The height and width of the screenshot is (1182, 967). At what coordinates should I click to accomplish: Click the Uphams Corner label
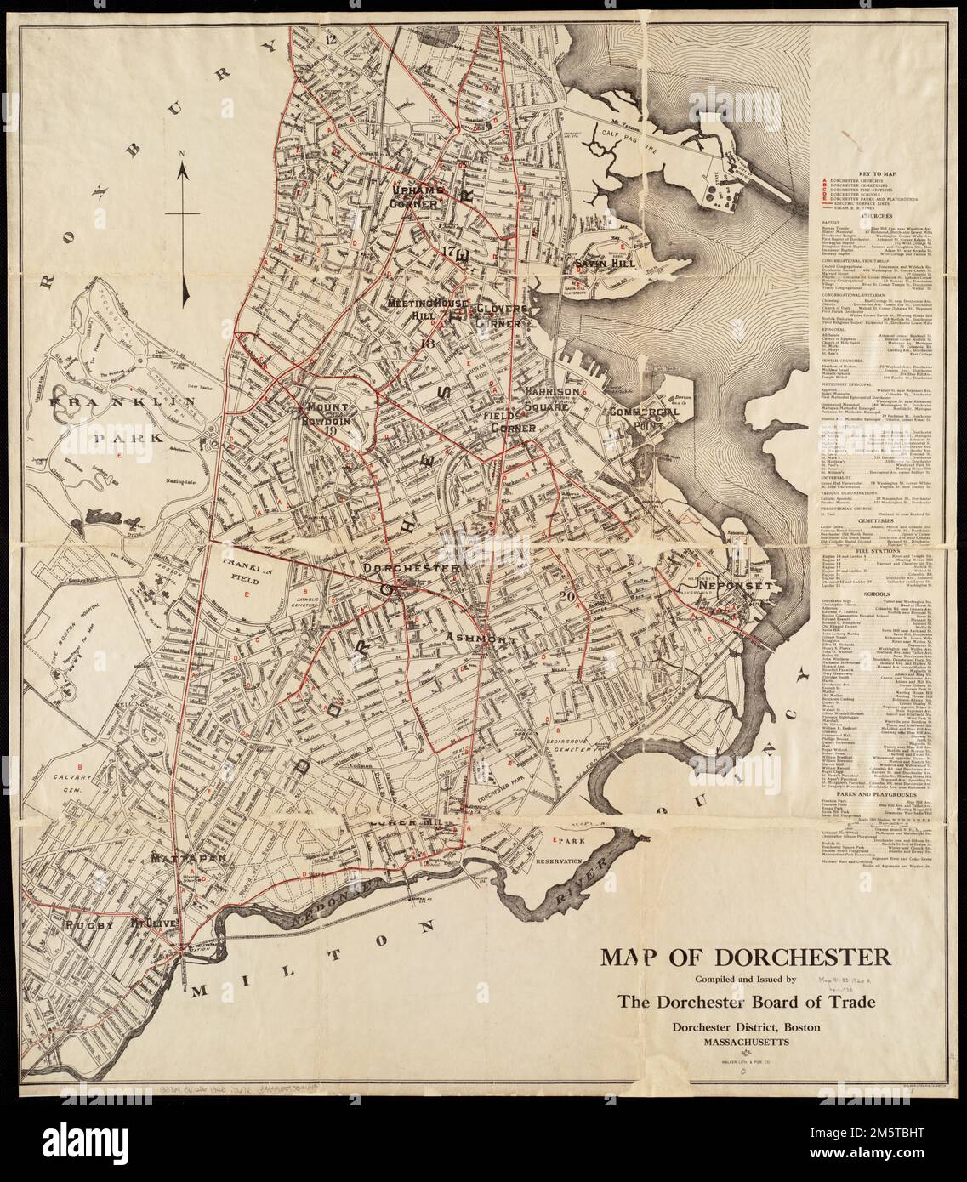413,196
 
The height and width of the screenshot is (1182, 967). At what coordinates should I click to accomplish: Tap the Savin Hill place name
600,264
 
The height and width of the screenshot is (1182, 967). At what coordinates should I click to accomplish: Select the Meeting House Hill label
423,309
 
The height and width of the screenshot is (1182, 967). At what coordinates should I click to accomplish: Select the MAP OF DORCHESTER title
745,958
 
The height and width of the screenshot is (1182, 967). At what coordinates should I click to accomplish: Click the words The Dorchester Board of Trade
747,1003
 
